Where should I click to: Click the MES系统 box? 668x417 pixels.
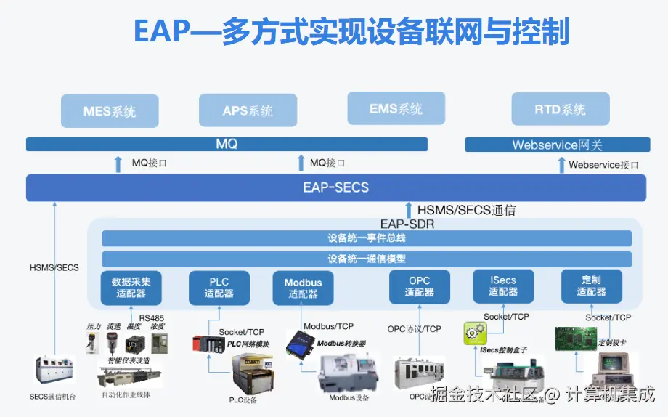[x=110, y=112]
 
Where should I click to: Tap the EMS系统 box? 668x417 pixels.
[x=396, y=109]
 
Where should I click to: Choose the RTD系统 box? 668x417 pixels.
[x=560, y=110]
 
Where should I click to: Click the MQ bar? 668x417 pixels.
[x=227, y=145]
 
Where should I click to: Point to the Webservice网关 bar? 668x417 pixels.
[x=557, y=145]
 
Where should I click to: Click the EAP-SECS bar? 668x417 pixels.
[x=335, y=187]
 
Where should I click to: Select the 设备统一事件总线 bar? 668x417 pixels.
[x=367, y=238]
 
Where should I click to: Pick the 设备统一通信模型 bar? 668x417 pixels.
[x=367, y=259]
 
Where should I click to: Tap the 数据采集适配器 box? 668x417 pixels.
[x=131, y=287]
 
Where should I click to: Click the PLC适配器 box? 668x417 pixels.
[x=219, y=288]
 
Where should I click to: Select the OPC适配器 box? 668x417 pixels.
[x=419, y=286]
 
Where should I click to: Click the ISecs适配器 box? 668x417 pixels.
[x=503, y=286]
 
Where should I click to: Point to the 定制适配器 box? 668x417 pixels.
[x=591, y=286]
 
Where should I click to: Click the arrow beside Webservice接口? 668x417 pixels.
[x=561, y=165]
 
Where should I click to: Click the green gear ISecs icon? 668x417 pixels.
[x=474, y=334]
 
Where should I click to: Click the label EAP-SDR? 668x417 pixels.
[x=407, y=224]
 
